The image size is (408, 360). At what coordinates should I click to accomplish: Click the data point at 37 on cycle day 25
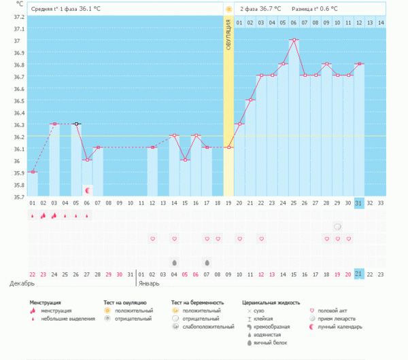pos(294,40)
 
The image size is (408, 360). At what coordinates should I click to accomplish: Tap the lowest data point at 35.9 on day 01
pos(33,172)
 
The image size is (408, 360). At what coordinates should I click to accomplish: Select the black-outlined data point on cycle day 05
pos(76,124)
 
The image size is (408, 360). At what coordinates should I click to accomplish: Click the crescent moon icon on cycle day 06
pos(88,190)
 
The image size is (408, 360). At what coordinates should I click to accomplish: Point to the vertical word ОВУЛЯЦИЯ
pos(228,35)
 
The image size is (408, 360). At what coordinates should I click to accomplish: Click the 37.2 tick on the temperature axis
pos(19,17)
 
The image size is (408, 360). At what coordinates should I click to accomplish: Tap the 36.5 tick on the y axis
pos(19,101)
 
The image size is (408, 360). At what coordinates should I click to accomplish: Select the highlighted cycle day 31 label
pos(359,203)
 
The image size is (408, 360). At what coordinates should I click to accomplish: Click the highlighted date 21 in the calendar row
pos(359,274)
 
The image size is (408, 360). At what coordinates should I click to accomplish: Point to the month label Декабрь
pos(22,283)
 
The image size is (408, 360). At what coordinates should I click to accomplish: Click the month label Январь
pos(149,283)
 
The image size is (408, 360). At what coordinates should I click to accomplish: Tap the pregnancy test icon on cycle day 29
pos(337,227)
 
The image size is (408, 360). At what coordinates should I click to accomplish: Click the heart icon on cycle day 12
pos(153,238)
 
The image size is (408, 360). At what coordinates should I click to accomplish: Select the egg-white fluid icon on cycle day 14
pos(174,263)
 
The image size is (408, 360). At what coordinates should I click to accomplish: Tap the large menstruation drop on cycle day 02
pos(44,215)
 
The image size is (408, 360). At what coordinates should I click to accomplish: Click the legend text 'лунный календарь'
pos(340,327)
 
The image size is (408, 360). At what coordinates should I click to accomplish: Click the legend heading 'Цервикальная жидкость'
pos(271,302)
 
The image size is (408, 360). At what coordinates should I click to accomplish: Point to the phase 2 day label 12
pos(359,23)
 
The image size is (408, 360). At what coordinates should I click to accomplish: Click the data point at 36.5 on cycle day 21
pos(250,100)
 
